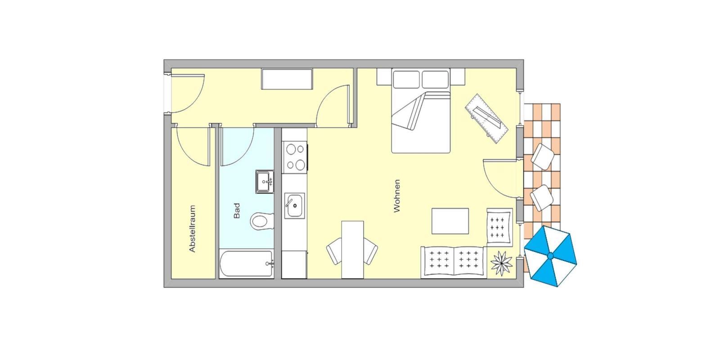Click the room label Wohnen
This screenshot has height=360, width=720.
pos(397,196)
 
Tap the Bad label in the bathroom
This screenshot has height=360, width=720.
pos(237,211)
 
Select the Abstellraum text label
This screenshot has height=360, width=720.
pos(192,229)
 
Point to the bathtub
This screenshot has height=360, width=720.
pos(247,264)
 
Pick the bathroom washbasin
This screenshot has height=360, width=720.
pos(265,182)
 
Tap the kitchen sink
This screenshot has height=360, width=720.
pos(294,206)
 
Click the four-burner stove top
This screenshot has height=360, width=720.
pos(295,157)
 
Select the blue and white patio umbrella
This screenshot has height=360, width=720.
pos(550,256)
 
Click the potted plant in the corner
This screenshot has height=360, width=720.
pos(501,263)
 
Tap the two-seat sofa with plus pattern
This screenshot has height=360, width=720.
pos(454,262)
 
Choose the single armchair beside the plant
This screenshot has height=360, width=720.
pos(499,227)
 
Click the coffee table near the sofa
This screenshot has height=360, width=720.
pos(450,221)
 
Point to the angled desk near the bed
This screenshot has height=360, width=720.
pos(486,119)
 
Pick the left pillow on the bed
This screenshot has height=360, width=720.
pos(406,79)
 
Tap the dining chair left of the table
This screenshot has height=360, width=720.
pos(334,251)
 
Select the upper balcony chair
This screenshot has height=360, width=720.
pos(543,157)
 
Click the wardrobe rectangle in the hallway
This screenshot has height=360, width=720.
pos(287,79)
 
